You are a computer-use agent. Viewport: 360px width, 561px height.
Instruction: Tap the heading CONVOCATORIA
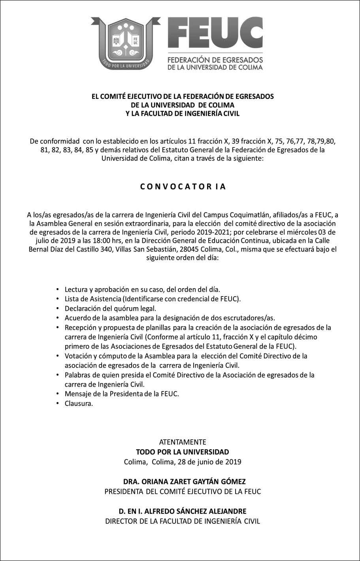pyautogui.click(x=183, y=187)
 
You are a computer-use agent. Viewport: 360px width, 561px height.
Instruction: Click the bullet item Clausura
pyautogui.click(x=79, y=404)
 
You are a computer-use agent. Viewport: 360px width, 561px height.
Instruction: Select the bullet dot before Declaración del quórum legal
pyautogui.click(x=58, y=308)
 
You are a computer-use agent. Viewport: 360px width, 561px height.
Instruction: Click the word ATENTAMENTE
pyautogui.click(x=182, y=442)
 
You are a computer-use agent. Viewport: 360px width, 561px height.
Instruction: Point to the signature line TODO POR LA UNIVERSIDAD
pyautogui.click(x=182, y=451)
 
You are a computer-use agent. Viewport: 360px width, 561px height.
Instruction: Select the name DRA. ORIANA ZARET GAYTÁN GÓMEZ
pyautogui.click(x=184, y=482)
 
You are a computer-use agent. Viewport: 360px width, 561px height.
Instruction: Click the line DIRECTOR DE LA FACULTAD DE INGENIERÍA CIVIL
pyautogui.click(x=183, y=521)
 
